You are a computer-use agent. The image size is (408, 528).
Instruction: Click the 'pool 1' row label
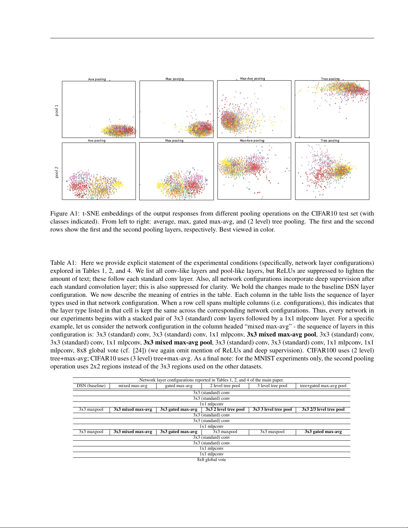(57, 110)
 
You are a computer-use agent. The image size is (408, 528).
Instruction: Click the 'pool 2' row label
(57, 172)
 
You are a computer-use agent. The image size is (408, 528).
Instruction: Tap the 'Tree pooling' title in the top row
(330, 79)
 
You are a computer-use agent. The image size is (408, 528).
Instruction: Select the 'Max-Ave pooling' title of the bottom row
(252, 141)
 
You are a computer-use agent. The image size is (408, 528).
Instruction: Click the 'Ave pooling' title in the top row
(97, 79)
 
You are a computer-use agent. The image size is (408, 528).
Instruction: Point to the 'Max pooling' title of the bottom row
(174, 141)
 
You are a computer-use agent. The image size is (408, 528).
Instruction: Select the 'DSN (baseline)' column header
(91, 386)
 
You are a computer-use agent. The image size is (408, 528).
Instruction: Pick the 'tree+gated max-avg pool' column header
(323, 386)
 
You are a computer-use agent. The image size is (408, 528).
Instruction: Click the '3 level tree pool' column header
(272, 386)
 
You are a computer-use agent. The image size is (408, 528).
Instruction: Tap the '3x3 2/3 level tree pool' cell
(323, 409)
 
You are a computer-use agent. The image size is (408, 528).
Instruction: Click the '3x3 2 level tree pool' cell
(225, 409)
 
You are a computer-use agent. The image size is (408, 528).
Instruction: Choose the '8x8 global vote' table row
(211, 460)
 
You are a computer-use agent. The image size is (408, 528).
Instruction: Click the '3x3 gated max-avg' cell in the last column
(323, 432)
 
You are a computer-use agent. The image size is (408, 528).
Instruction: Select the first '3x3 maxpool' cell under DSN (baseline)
(91, 409)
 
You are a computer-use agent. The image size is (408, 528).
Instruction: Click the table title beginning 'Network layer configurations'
(211, 380)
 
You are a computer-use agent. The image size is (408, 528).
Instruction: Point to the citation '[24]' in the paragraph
(138, 350)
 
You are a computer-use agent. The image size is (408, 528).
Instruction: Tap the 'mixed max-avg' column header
(133, 386)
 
